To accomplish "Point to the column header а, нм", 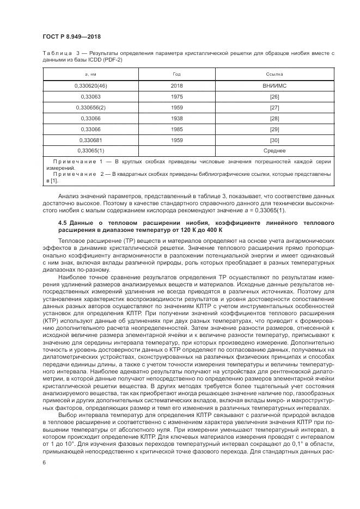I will tap(91, 73).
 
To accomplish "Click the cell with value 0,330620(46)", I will tap(91, 86).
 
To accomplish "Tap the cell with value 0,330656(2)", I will tap(91, 107).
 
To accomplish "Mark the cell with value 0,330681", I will tap(91, 139).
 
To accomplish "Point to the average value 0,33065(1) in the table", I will tap(91, 150).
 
